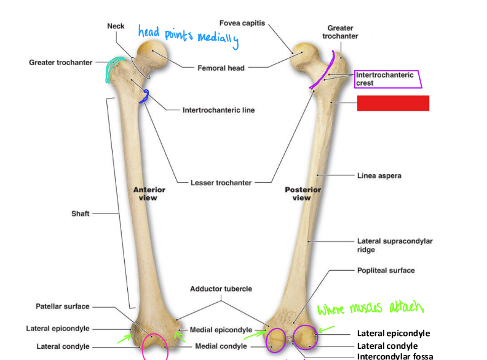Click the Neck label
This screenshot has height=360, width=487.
116,26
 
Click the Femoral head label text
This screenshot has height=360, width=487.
221,68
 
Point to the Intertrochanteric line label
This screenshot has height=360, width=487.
218,110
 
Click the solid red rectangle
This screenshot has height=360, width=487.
393,103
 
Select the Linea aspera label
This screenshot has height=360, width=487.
379,175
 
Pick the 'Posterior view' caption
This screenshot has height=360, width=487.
302,194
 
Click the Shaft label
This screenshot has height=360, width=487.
81,214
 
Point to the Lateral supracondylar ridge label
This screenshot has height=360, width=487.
394,246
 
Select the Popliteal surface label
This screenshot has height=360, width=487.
386,270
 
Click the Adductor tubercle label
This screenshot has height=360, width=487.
221,289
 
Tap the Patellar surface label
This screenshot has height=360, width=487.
63,306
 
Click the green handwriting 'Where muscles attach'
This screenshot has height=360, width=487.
371,308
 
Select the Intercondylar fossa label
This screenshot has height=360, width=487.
395,356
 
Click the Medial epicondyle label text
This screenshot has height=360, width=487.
221,330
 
